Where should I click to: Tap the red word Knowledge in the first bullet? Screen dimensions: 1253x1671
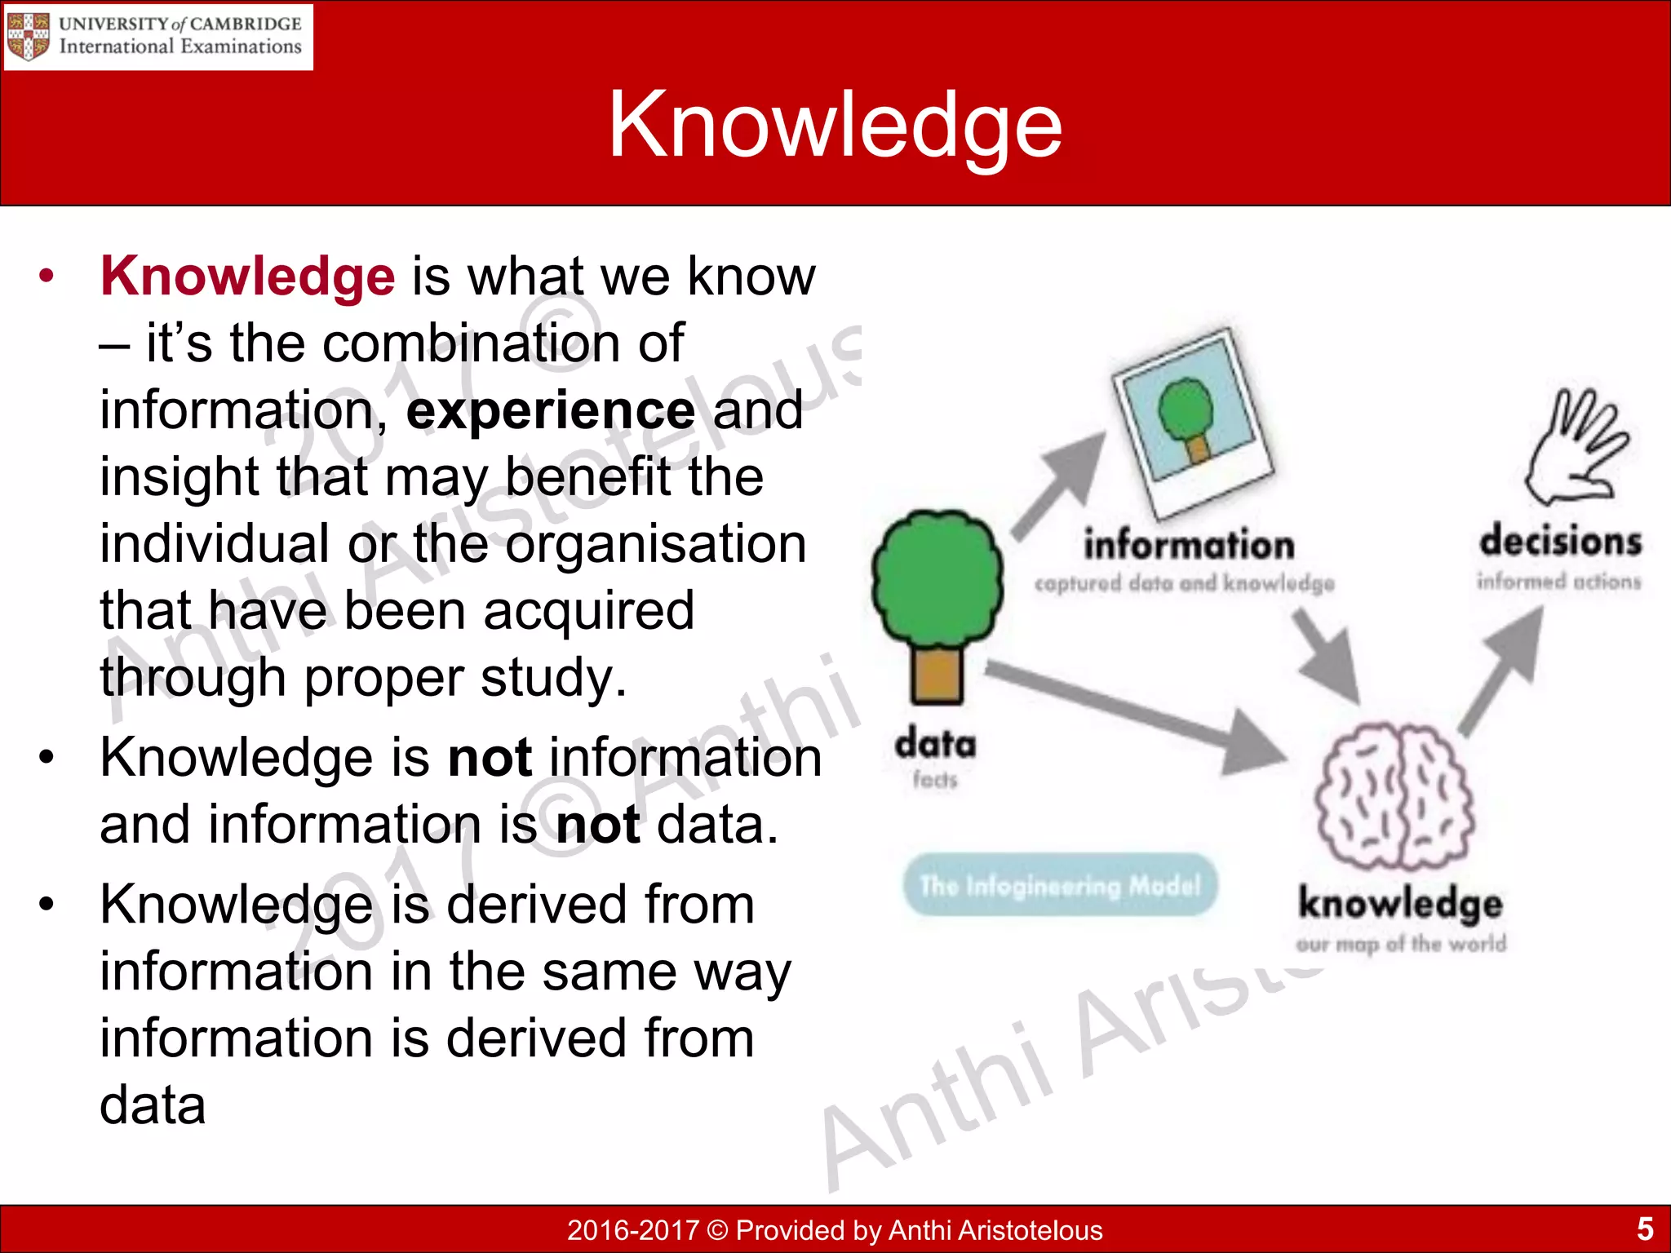(x=247, y=277)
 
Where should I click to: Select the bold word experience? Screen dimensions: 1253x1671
(x=551, y=410)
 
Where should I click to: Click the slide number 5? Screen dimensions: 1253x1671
(x=1644, y=1229)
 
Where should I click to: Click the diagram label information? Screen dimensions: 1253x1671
(x=1189, y=545)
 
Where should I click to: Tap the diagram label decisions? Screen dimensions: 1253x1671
(x=1560, y=542)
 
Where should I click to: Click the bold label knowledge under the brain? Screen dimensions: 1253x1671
(x=1400, y=903)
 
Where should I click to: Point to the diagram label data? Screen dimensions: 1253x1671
(x=935, y=744)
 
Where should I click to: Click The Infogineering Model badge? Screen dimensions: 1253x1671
(x=1060, y=885)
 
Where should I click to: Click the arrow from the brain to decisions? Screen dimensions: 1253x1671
(x=1501, y=673)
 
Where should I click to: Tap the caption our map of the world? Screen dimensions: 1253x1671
(x=1401, y=944)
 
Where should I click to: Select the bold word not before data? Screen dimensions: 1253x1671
(x=596, y=825)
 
